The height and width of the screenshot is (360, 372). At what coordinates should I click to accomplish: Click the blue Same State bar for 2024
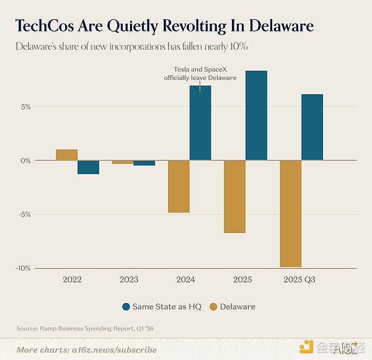(200, 123)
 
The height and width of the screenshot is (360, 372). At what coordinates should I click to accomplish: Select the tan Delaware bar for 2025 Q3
(291, 213)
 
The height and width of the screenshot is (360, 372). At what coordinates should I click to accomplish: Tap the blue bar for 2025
(256, 115)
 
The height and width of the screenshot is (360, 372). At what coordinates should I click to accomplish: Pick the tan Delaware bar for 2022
(66, 155)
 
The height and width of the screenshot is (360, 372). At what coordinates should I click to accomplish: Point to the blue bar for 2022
(88, 167)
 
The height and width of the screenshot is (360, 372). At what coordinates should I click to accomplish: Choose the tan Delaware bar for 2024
(179, 186)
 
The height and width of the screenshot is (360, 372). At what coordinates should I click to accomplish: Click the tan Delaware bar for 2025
(234, 196)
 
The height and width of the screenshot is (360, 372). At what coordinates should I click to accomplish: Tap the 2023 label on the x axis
(129, 279)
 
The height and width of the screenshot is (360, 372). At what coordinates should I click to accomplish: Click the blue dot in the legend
(127, 307)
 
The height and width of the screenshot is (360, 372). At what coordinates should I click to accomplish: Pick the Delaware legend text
(237, 307)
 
